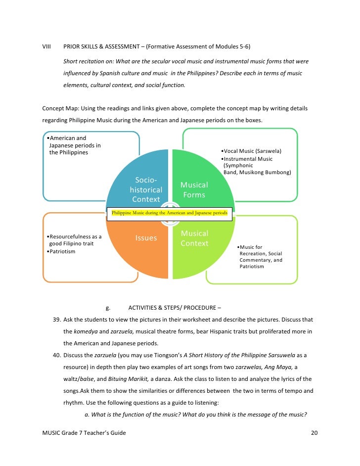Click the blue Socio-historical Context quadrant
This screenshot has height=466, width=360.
pos(143,181)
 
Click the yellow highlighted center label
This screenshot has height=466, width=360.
pos(169,213)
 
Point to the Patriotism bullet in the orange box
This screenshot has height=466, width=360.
pos(61,251)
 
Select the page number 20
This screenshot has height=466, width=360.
pos(314,433)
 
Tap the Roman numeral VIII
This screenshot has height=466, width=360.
pos(47,47)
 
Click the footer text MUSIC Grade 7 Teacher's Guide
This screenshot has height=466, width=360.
pos(84,433)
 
